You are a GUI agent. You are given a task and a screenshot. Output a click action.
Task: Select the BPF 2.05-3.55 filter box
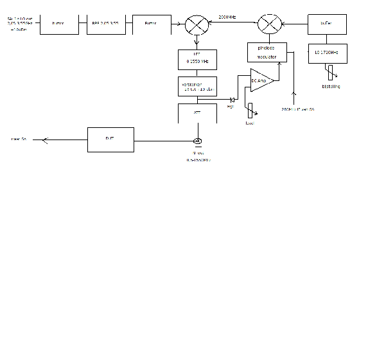tap(106, 24)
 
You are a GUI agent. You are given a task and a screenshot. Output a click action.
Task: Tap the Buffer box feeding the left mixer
tap(152, 24)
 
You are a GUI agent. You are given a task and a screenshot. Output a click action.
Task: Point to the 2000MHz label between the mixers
tap(231, 17)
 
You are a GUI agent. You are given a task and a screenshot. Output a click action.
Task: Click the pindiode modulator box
tap(267, 52)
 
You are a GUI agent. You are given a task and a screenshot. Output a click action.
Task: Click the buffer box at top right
tap(328, 24)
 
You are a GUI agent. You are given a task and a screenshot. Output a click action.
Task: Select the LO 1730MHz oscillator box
tap(328, 53)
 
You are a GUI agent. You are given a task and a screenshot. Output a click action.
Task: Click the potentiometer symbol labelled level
tap(250, 111)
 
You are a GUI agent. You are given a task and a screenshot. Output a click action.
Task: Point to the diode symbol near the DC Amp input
tap(232, 99)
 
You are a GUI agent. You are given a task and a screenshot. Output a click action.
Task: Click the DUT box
tap(110, 139)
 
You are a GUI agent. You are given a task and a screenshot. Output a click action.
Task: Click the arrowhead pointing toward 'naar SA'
tap(44, 139)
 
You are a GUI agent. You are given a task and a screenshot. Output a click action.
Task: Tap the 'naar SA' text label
tap(18, 139)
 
